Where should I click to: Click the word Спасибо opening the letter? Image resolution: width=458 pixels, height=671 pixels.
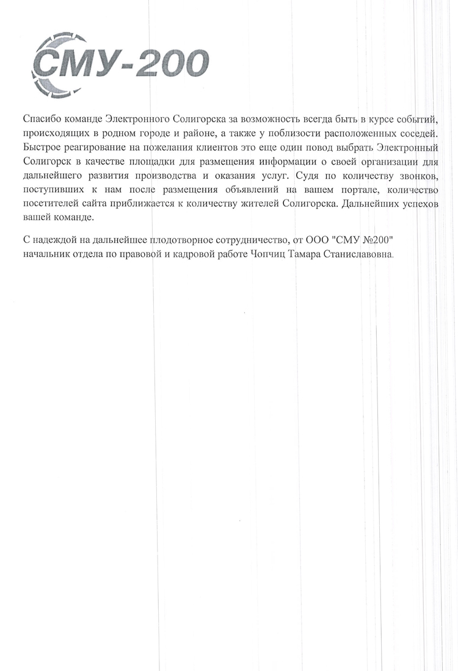40,117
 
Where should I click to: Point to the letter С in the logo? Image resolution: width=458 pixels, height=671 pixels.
48,64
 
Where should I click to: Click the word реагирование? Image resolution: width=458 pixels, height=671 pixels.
93,147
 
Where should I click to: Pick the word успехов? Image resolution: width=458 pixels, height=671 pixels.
415,206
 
